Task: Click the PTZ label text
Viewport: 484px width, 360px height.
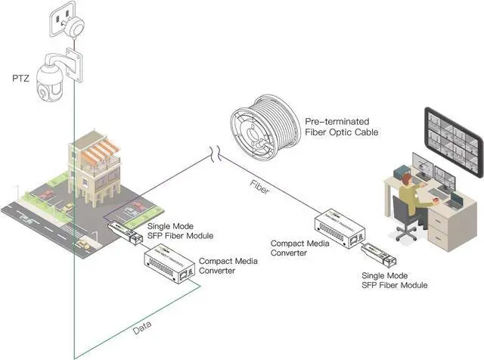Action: tap(20, 78)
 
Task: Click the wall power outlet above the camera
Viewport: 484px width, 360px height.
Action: tap(67, 23)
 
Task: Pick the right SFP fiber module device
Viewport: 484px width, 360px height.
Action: tap(375, 256)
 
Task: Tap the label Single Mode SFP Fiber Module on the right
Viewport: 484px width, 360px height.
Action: tap(395, 280)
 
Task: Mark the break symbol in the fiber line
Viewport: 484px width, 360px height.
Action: tap(213, 155)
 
